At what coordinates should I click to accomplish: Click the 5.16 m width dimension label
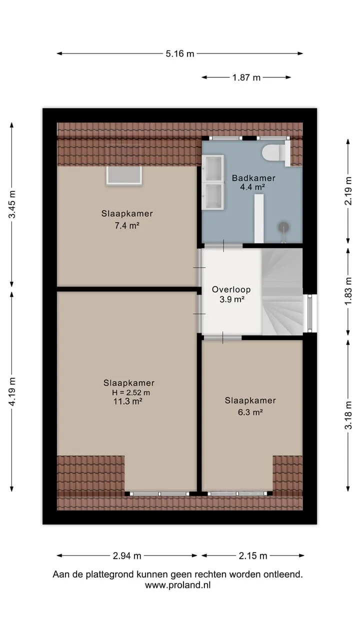point(179,53)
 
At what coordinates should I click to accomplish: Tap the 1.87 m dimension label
point(246,77)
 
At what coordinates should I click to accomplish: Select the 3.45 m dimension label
point(12,204)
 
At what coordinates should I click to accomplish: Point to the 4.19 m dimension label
point(12,391)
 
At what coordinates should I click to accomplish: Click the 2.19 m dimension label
point(348,191)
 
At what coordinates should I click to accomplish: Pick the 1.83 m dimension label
point(348,291)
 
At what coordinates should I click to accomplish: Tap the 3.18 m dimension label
point(348,415)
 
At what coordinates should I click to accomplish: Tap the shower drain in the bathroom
point(283,227)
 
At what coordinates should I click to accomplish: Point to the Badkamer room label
point(253,178)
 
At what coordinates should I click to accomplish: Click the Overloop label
point(231,289)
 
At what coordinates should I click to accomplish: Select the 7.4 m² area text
point(127,226)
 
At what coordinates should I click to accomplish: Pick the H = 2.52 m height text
point(131,392)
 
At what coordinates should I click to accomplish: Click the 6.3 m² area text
point(250,412)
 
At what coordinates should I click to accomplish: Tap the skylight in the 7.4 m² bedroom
point(124,175)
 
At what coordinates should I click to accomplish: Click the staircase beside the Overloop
point(282,291)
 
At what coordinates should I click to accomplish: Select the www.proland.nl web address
point(177,585)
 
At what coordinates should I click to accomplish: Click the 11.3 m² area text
point(128,401)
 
